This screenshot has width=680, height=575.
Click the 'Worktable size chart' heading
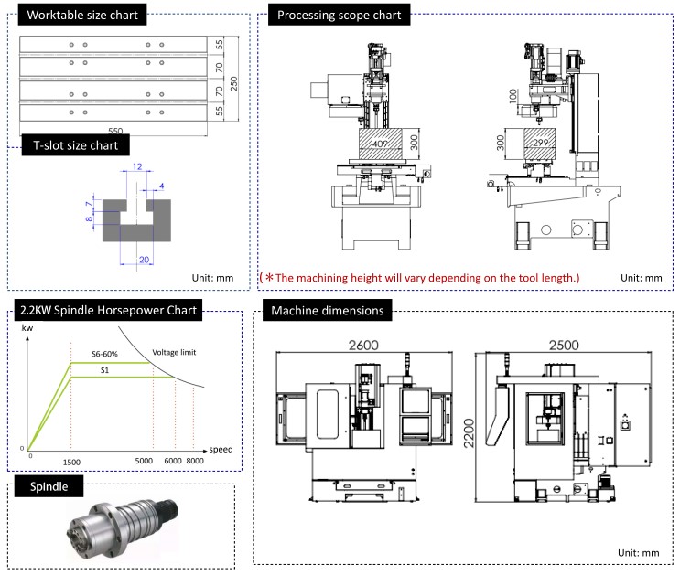click(x=81, y=16)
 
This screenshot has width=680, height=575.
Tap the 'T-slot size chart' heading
click(x=75, y=144)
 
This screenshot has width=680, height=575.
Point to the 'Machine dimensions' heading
click(x=327, y=311)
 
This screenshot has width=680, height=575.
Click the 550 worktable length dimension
click(x=114, y=131)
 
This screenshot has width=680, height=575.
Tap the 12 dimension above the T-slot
click(x=136, y=167)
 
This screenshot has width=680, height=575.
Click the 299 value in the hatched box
click(x=538, y=144)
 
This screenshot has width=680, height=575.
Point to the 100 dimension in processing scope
click(x=514, y=96)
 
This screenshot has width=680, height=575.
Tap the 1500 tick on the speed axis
click(x=72, y=462)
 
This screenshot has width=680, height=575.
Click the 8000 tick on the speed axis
click(x=194, y=462)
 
